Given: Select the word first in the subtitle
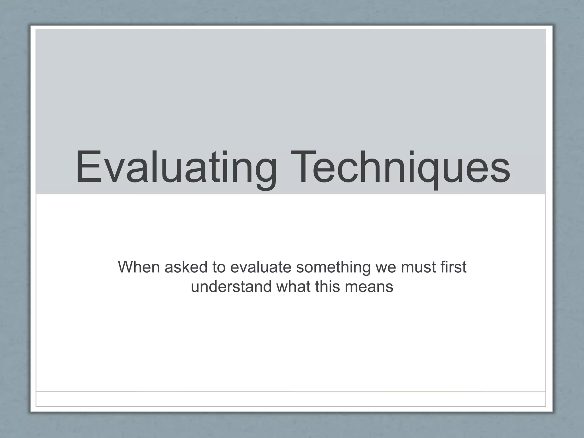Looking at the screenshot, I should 453,267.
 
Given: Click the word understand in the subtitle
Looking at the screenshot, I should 231,286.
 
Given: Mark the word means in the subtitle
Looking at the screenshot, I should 369,287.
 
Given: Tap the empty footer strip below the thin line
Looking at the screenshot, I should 291,399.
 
